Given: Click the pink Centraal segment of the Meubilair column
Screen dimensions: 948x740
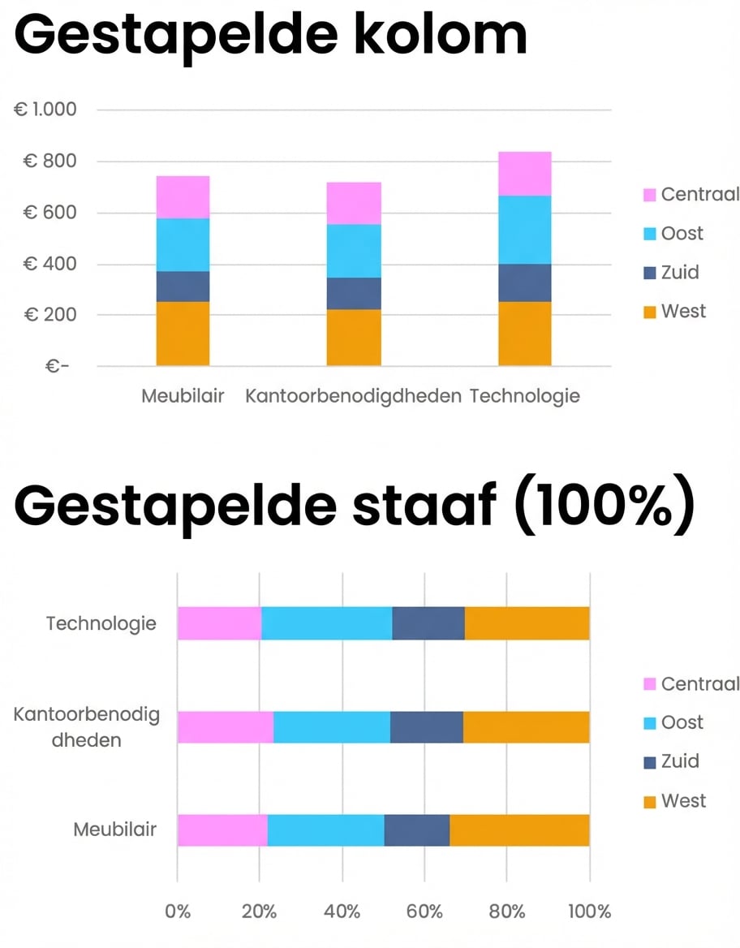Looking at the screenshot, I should pyautogui.click(x=183, y=197).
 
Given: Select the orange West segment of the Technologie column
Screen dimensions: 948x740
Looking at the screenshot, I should pyautogui.click(x=524, y=334).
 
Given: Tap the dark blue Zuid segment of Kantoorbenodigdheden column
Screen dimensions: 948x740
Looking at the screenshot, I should pyautogui.click(x=354, y=294).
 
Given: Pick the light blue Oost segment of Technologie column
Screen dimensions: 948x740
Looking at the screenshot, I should pyautogui.click(x=524, y=230).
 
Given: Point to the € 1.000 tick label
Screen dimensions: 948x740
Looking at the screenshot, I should pyautogui.click(x=45, y=110).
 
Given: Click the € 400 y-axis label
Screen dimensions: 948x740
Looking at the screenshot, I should pyautogui.click(x=49, y=264).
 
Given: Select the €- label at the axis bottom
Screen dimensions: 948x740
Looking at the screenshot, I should pyautogui.click(x=58, y=366).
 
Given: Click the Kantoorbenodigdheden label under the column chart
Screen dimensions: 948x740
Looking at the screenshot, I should pyautogui.click(x=353, y=396).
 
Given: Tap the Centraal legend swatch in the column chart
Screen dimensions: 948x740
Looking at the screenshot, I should pyautogui.click(x=649, y=195).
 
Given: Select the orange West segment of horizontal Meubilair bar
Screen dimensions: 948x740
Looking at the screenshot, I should pyautogui.click(x=519, y=830).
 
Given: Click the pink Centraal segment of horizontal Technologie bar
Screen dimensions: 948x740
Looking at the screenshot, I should pyautogui.click(x=219, y=623).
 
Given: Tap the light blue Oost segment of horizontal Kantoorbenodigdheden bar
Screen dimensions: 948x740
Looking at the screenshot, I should pyautogui.click(x=331, y=727).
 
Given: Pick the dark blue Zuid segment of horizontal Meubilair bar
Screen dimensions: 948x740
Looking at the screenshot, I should pyautogui.click(x=416, y=830).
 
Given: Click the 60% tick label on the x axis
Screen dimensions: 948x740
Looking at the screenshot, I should pyautogui.click(x=424, y=911).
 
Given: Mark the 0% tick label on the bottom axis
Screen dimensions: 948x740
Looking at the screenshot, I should pyautogui.click(x=178, y=911).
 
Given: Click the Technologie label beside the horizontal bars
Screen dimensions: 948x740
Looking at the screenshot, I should pyautogui.click(x=101, y=624).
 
